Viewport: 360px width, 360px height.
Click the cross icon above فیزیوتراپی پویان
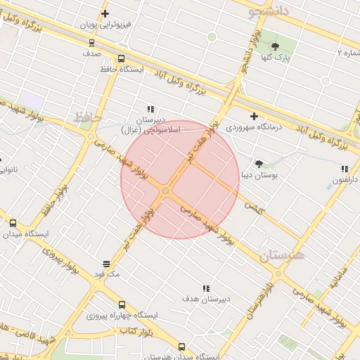(x=105, y=13)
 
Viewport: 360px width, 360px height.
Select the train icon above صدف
(x=91, y=41)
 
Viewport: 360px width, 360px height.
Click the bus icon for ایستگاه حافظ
(x=122, y=59)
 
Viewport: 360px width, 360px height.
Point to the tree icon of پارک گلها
(x=275, y=46)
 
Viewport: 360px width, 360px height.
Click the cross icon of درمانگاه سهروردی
(x=254, y=116)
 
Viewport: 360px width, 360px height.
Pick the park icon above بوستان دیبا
(x=258, y=162)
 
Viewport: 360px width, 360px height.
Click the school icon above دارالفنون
(x=345, y=169)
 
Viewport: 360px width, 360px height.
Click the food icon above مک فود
(x=106, y=264)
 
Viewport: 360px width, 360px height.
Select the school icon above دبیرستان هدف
(x=206, y=288)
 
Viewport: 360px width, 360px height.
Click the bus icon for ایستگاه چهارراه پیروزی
(x=122, y=305)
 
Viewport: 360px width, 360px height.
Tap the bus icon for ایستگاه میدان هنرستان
(x=182, y=347)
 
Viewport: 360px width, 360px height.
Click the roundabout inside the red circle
(x=166, y=191)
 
